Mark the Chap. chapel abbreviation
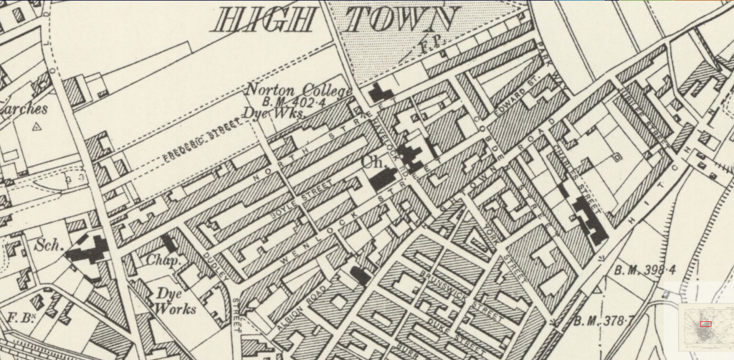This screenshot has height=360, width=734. tap(164, 261)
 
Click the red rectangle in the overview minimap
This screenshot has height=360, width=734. tap(705, 324)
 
